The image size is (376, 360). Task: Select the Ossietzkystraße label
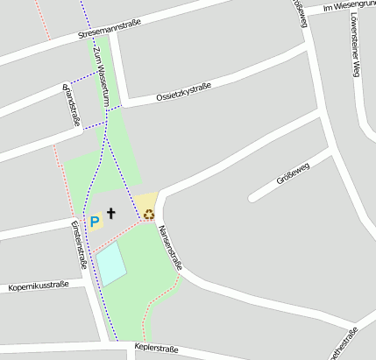coord(183,91)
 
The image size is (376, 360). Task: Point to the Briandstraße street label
coord(70,106)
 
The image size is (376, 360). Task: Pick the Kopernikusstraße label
coord(38,286)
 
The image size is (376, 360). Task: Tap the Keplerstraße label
coord(156,349)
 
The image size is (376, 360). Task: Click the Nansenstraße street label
coord(170,248)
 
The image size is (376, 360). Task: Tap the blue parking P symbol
coord(94,222)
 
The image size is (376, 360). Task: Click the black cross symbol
coord(111,213)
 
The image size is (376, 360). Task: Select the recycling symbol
coord(149,214)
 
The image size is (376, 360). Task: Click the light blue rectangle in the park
coord(111,265)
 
